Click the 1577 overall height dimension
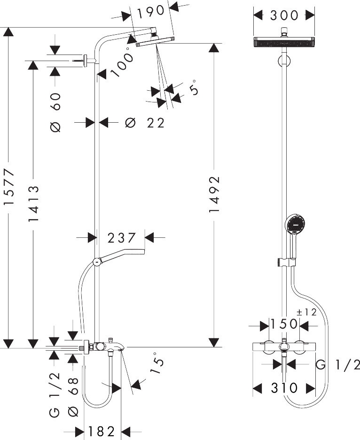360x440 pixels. pos(9,187)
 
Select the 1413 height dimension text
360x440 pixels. pos(33,204)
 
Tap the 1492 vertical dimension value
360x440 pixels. pos(214,194)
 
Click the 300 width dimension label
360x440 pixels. pos(284,15)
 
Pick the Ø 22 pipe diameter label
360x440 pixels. pos(144,123)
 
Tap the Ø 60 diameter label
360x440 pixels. pos(55,112)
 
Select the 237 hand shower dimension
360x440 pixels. pos(122,238)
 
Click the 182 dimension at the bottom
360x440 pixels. pos(102,431)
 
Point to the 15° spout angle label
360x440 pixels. pos(157,363)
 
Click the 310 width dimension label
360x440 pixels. pos(284,388)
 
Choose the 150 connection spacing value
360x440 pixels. pos(283,324)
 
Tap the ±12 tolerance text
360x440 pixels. pos(306,312)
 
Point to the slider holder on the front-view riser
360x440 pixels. pos(287,262)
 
